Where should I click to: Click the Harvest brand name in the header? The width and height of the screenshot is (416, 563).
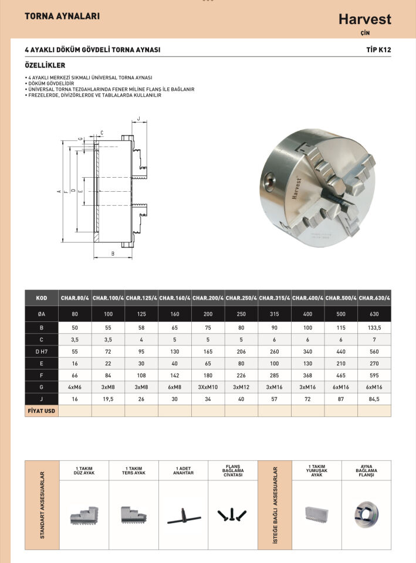364,19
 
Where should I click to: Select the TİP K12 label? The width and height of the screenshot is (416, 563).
378,50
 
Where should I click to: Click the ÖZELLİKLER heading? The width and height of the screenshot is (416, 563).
45,65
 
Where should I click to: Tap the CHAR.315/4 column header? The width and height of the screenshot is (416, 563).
275,298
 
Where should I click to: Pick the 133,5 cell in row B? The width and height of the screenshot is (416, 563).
374,328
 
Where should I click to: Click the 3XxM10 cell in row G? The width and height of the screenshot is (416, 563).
208,387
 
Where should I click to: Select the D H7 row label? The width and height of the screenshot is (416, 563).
41,351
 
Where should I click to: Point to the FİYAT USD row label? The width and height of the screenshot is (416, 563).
41,411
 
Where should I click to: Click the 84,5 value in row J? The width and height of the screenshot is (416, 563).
374,399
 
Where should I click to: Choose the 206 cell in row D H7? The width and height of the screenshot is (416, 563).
241,351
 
